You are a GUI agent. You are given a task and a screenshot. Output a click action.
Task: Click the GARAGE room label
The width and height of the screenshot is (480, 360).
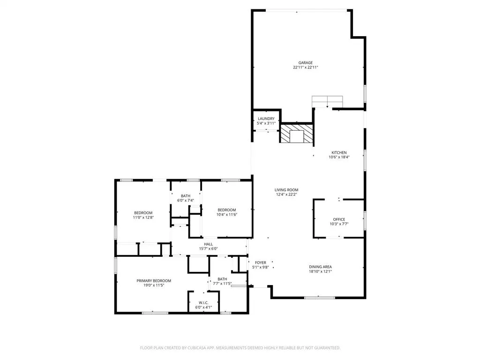(x=306, y=63)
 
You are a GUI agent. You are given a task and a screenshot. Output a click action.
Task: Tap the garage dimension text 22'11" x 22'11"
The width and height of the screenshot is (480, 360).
(x=306, y=67)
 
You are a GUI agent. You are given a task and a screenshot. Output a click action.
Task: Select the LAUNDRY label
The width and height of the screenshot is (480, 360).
(x=266, y=119)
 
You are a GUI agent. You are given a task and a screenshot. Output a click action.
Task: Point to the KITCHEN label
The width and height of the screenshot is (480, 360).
(x=339, y=153)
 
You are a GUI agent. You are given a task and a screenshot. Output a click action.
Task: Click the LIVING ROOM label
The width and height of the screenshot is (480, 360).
(x=286, y=190)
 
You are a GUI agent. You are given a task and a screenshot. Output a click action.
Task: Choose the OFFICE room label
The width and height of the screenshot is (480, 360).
(x=339, y=219)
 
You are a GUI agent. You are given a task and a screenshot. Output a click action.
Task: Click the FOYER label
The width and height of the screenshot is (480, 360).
(x=261, y=262)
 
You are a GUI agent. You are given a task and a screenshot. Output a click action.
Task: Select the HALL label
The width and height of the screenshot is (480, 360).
(x=209, y=244)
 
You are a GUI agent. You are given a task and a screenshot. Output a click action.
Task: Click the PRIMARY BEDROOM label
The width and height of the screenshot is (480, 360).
(x=154, y=281)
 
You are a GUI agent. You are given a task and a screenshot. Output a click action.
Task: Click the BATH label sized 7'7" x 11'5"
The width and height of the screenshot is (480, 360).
(x=222, y=279)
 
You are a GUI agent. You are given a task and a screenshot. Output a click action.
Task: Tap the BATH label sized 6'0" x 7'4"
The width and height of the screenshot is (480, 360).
(x=186, y=196)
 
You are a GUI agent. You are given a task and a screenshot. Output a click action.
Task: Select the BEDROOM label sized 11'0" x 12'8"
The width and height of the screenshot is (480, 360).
(x=143, y=213)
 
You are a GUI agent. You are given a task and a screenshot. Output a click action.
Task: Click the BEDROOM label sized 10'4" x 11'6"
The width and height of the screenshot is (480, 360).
(x=226, y=210)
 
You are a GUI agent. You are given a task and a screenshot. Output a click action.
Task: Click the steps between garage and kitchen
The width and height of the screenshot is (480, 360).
(x=327, y=102)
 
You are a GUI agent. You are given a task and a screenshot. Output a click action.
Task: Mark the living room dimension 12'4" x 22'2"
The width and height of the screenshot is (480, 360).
(x=286, y=195)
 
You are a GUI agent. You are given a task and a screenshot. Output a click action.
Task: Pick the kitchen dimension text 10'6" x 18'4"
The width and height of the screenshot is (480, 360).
(x=339, y=157)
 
